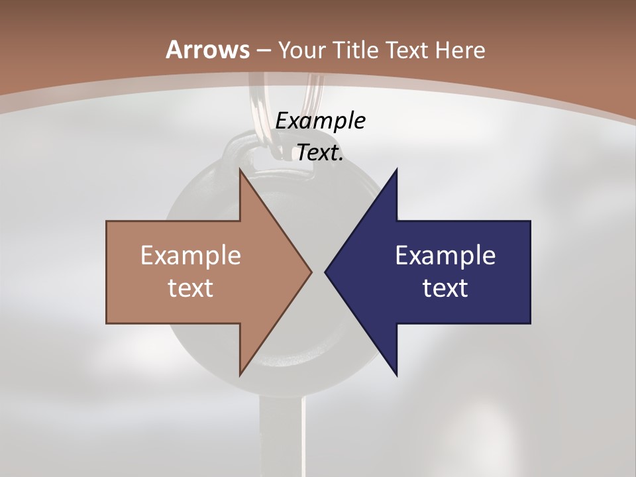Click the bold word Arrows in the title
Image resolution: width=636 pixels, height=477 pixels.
pos(207,50)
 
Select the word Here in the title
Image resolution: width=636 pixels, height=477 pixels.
pos(462,50)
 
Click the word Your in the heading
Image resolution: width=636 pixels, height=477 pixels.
pos(302,50)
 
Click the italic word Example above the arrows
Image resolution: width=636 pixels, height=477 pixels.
pos(321,121)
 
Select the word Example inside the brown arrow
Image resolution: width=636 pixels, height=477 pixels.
pos(191,255)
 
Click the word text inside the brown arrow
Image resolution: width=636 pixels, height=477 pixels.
pos(191,288)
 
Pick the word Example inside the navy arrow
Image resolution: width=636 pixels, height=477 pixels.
pos(445,255)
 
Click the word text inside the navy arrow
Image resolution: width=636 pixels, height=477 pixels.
pos(445,288)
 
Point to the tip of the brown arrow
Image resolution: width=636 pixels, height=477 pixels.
pos(311,272)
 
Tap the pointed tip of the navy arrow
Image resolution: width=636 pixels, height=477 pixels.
pos(325,272)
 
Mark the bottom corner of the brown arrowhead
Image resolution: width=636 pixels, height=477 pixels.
pos(240,375)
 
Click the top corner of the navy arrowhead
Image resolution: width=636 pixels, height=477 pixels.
pos(396,170)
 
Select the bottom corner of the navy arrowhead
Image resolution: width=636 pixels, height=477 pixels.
pos(396,375)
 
